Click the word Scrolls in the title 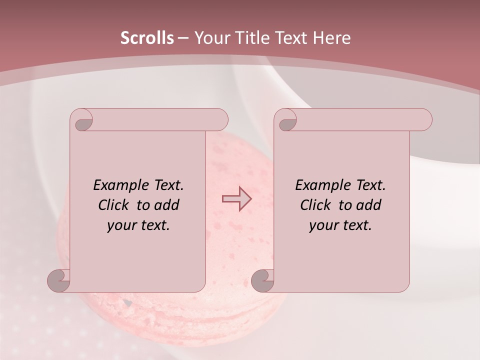[147, 38]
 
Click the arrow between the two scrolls [236, 199]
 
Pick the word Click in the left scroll [115, 205]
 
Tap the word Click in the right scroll [317, 205]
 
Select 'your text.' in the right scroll [340, 225]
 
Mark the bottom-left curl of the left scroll [59, 280]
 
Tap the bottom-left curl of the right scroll [263, 280]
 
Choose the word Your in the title [211, 38]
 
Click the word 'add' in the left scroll [167, 205]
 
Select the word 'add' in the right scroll [369, 205]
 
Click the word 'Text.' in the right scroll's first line [370, 185]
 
